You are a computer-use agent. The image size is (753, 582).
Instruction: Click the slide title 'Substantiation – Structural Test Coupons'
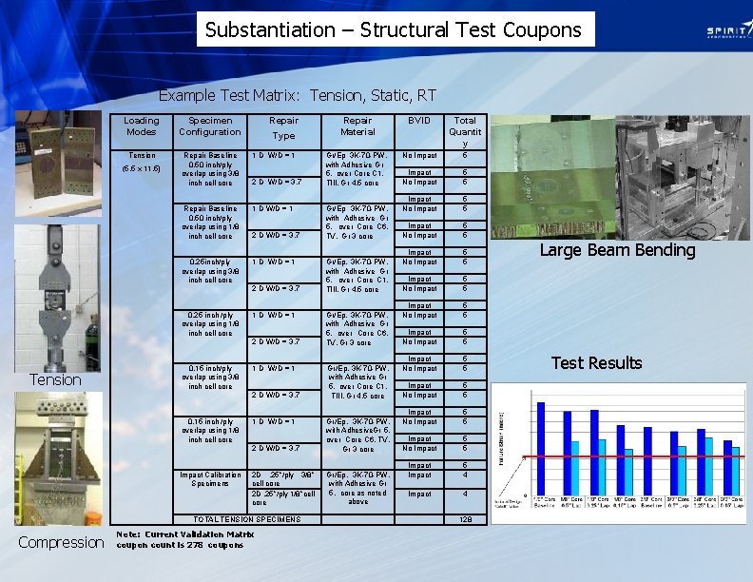pyautogui.click(x=394, y=29)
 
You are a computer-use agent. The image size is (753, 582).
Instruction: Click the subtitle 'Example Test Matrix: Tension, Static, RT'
pyautogui.click(x=297, y=95)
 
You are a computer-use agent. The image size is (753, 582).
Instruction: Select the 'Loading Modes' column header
pyautogui.click(x=142, y=126)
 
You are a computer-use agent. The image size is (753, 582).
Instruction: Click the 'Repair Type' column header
pyautogui.click(x=283, y=127)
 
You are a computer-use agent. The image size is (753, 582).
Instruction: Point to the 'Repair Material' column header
pyautogui.click(x=357, y=126)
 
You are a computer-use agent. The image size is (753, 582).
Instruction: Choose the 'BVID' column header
pyautogui.click(x=419, y=121)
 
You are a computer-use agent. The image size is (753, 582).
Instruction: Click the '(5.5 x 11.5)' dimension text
pyautogui.click(x=142, y=169)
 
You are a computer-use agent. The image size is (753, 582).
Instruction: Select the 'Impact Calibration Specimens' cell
pyautogui.click(x=211, y=478)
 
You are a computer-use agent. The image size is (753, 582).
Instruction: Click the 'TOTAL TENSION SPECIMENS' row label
pyautogui.click(x=247, y=518)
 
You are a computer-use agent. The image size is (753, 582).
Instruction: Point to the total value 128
pyautogui.click(x=465, y=518)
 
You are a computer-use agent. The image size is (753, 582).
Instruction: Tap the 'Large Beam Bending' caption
pyautogui.click(x=617, y=250)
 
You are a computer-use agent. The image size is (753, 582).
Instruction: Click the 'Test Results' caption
pyautogui.click(x=596, y=362)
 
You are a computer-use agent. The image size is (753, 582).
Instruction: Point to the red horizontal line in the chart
pyautogui.click(x=627, y=457)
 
